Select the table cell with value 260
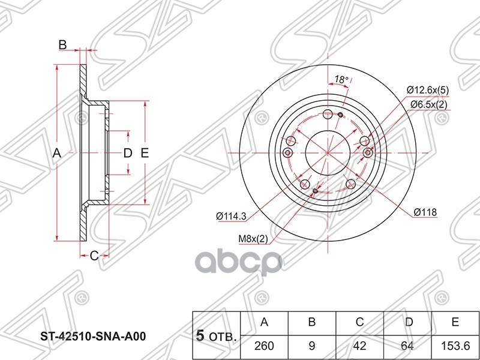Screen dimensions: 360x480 [263, 346]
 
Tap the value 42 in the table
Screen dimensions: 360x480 [359, 346]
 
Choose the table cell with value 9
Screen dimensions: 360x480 [311, 346]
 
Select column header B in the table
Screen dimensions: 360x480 [311, 322]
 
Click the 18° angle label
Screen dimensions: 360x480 [341, 80]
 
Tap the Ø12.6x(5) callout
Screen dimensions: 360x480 [427, 90]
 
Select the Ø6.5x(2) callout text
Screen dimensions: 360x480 [428, 105]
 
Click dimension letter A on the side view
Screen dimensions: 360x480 [57, 153]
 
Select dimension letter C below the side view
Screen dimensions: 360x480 [94, 256]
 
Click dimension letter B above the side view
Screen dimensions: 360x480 [62, 44]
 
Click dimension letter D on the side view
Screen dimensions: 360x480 [127, 153]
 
